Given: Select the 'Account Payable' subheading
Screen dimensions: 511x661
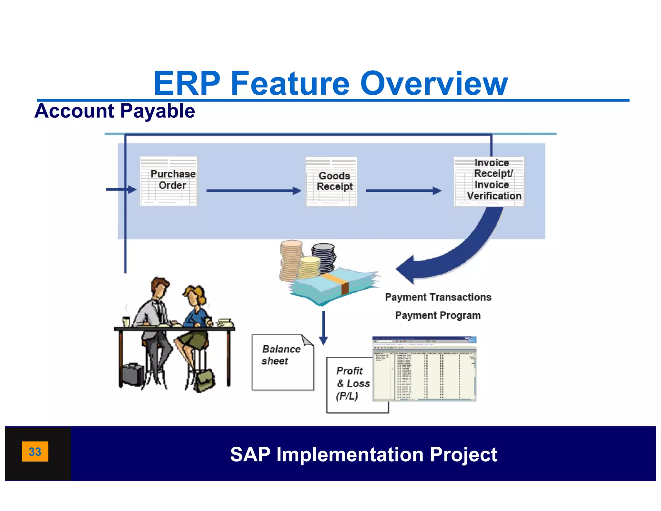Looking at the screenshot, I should (x=115, y=111).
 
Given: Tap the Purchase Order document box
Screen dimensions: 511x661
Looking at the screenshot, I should (x=168, y=181).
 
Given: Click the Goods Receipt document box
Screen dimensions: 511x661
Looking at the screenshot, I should (x=331, y=182).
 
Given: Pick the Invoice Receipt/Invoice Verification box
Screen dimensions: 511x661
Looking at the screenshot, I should (x=489, y=181).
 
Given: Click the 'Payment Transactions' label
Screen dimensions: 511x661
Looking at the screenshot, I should (x=438, y=297).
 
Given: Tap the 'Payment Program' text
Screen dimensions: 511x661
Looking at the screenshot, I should (x=438, y=315).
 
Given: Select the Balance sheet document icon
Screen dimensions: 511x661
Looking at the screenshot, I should (x=283, y=362).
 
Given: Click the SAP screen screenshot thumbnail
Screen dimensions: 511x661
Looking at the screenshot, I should (x=424, y=369).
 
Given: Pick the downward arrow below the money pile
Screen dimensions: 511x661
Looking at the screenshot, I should (x=323, y=328).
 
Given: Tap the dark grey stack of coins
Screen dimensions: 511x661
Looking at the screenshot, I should (x=324, y=257).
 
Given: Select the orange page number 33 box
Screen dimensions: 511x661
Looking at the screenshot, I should (x=35, y=451).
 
